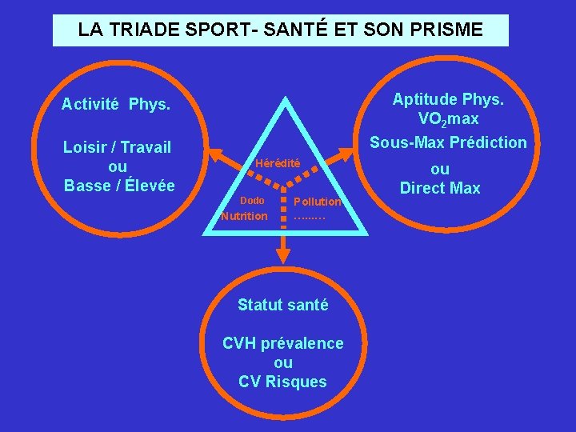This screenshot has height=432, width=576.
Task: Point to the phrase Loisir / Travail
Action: pos(118,147)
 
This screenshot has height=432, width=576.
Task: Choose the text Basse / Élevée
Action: pos(119,186)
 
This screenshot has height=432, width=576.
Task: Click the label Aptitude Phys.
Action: pos(448,99)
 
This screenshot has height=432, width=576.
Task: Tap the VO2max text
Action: pos(448,119)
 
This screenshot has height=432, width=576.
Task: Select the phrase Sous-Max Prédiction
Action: pos(448,143)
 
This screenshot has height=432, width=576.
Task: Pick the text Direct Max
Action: pos(440,189)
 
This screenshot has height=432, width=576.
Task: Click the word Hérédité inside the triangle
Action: pos(278,163)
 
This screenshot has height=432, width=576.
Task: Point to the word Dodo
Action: pos(252,199)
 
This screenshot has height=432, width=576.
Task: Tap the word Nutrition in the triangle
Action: pos(245,216)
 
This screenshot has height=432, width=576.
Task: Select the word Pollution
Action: pos(318,202)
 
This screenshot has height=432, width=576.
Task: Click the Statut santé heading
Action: pos(283,305)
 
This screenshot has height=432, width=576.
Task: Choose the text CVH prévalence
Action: pos(283,343)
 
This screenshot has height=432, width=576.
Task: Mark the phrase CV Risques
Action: pos(283,382)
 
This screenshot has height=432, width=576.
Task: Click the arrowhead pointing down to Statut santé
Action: pos(283,255)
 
